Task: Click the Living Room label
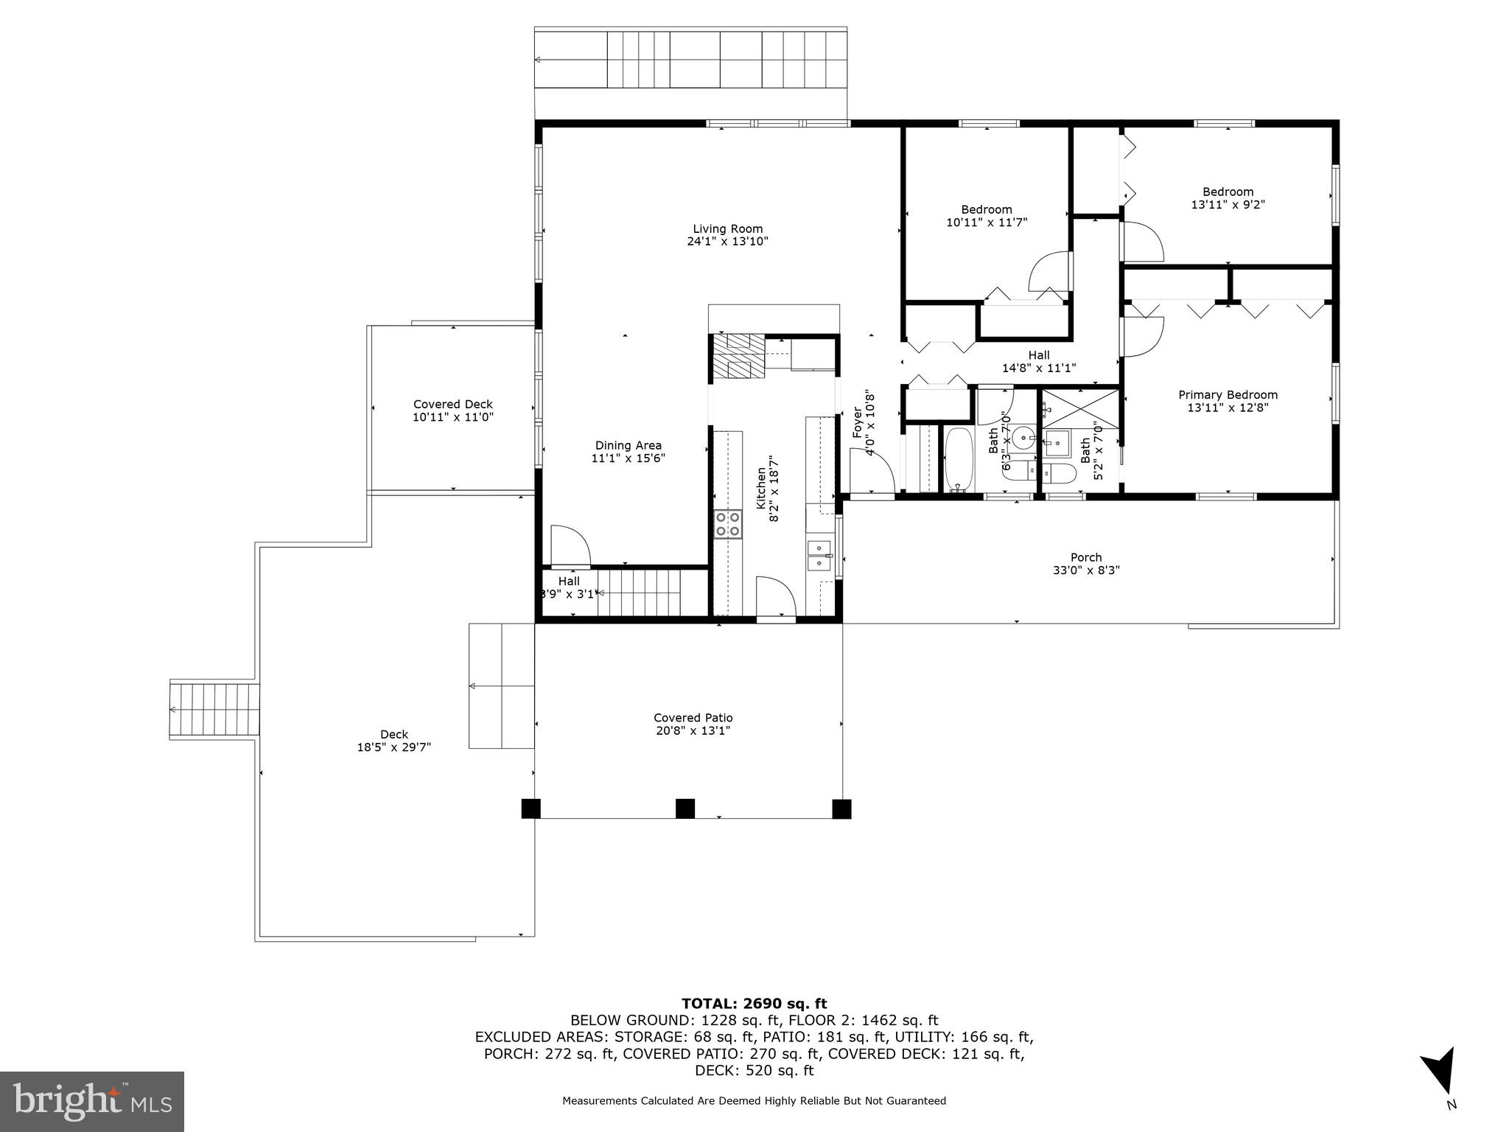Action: (x=727, y=228)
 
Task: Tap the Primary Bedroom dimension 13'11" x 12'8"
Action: (x=1228, y=408)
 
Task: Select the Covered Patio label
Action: (x=693, y=718)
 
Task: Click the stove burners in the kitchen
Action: (x=727, y=524)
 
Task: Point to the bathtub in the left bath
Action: (x=959, y=459)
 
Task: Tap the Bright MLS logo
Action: (x=92, y=1101)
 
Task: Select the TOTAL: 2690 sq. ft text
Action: (x=754, y=1003)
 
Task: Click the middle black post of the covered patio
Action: (x=685, y=808)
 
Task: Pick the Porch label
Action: (x=1086, y=557)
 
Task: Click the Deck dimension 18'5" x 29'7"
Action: (x=393, y=747)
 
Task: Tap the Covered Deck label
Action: (x=452, y=404)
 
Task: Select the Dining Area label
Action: (x=628, y=445)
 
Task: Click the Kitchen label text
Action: (x=761, y=487)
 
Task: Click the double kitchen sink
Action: (x=819, y=556)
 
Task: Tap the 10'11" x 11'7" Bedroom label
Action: (x=987, y=215)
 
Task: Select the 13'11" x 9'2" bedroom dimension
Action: (x=1228, y=204)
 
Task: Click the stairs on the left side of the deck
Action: (x=215, y=710)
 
